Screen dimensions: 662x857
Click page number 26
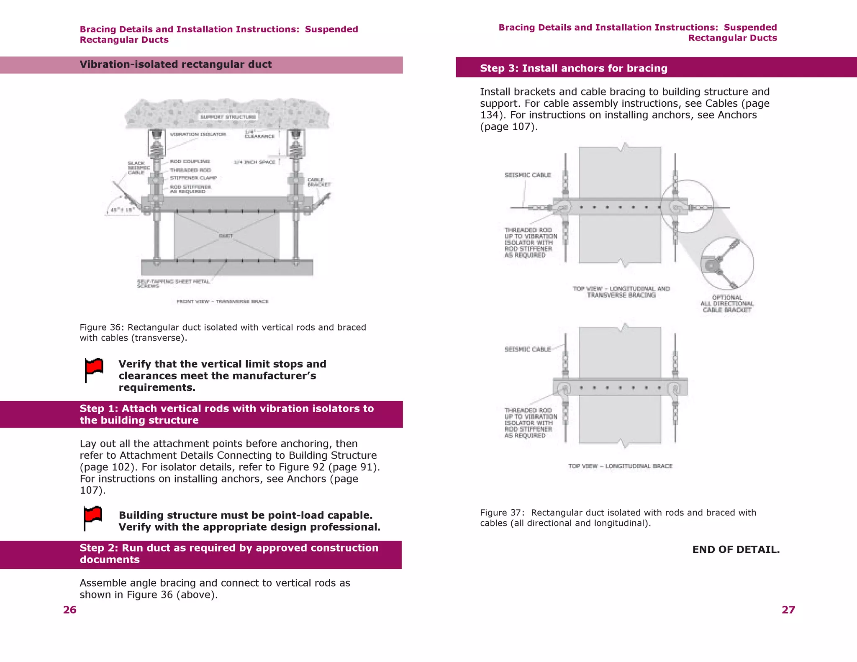click(70, 610)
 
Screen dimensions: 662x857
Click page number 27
click(788, 610)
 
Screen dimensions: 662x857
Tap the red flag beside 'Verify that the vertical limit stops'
click(94, 369)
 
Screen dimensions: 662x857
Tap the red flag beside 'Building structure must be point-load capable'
click(92, 517)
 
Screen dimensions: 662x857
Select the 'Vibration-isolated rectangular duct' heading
click(175, 64)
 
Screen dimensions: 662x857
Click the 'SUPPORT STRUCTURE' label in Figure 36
click(228, 117)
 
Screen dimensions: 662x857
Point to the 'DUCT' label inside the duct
click(226, 236)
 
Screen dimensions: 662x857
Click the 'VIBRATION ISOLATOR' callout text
click(198, 134)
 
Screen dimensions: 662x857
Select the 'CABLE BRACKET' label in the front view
click(319, 182)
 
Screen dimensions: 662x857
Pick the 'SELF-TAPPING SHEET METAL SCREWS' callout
click(173, 284)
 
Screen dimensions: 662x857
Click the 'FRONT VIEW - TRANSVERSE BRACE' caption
click(222, 301)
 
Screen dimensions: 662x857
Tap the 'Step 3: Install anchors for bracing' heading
click(573, 68)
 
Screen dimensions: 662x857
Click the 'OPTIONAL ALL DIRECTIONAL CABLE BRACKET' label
click(727, 303)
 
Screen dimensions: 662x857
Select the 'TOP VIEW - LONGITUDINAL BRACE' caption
click(620, 466)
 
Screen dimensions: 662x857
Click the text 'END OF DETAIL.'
click(736, 549)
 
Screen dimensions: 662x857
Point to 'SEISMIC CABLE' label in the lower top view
click(527, 349)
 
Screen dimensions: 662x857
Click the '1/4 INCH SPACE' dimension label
click(254, 162)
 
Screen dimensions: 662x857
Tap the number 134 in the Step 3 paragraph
click(489, 115)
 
